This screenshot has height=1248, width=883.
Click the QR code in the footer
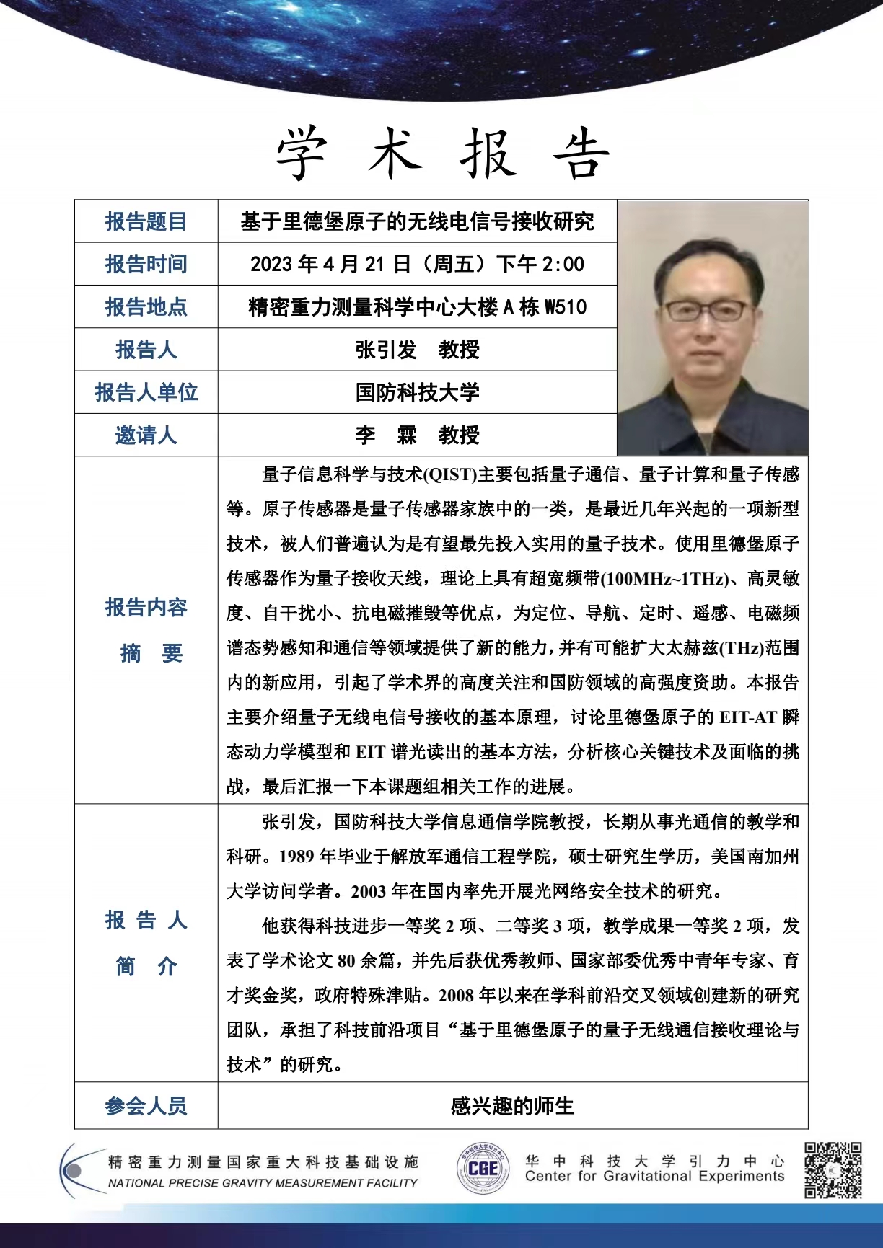pos(833,1169)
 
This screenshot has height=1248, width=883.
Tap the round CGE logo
pos(482,1169)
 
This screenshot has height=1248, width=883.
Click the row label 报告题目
pos(146,221)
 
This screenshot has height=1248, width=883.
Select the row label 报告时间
pos(146,264)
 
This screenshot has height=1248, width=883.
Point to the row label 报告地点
pos(146,307)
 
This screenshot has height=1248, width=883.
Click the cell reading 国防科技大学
pos(417,392)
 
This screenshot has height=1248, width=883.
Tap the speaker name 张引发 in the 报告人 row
pos(386,350)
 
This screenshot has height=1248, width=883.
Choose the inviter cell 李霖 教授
pos(417,435)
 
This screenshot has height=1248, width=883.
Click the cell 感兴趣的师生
pos(512,1105)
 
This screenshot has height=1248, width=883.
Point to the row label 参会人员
pos(146,1105)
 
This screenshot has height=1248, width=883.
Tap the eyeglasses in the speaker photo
pos(706,311)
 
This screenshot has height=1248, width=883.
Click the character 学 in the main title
pos(302,154)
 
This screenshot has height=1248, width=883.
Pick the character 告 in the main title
pos(582,154)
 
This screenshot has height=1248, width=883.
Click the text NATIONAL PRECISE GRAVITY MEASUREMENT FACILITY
pos(263,1183)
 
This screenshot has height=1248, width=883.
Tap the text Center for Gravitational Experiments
pos(654,1177)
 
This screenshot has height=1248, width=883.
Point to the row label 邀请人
pos(146,435)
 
